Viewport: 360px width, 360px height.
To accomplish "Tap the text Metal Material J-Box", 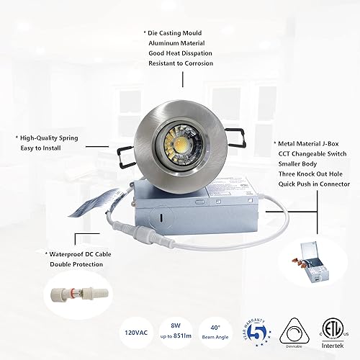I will [x=307, y=143].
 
